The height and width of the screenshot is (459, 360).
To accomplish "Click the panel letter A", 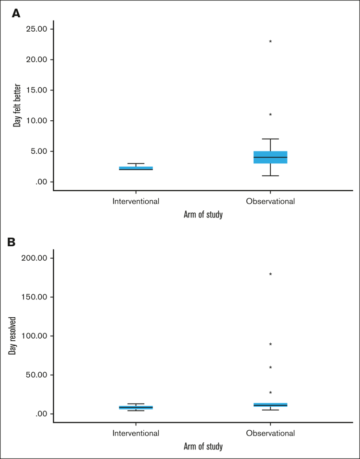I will click(16, 14).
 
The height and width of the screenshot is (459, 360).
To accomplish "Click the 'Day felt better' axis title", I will click(17, 105).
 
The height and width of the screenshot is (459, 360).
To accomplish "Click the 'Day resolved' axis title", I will click(12, 335).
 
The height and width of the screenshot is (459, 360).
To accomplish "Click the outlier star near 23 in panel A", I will click(270, 42).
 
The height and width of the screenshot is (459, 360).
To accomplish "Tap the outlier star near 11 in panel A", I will click(270, 115).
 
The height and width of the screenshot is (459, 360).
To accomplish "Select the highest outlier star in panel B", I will click(270, 275).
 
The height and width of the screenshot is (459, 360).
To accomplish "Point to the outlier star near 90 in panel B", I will click(270, 344).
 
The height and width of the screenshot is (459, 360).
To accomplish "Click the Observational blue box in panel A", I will click(270, 157).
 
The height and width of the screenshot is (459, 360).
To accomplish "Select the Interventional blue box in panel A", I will click(136, 168).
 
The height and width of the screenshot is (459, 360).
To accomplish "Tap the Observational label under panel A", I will click(270, 201).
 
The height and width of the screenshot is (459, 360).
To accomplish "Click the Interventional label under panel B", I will click(136, 433).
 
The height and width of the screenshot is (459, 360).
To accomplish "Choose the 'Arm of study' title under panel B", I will click(203, 447).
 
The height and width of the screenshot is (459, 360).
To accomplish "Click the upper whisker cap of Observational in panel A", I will click(270, 139).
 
